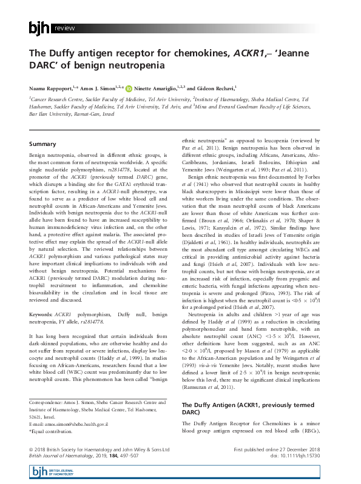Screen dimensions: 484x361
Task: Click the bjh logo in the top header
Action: pyautogui.click(x=40, y=28)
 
